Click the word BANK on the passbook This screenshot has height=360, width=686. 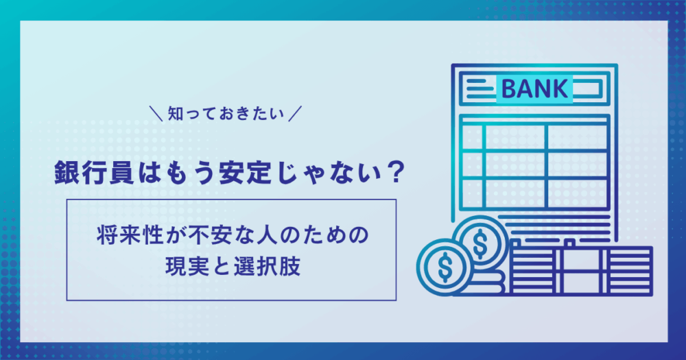tap(534, 88)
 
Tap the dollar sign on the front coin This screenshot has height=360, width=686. tap(445, 266)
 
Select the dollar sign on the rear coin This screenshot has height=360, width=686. tap(480, 243)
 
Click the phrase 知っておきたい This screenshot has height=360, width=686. tap(226, 114)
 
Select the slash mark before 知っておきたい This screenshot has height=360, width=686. tap(156, 114)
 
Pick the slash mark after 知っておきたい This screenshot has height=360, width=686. tap(295, 114)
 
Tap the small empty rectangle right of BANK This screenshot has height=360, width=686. tap(588, 88)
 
